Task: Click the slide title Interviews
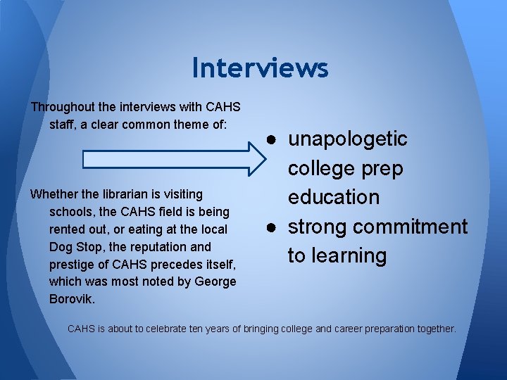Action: click(260, 68)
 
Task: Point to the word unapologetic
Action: click(347, 139)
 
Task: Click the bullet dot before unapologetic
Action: click(271, 139)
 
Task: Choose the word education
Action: click(333, 197)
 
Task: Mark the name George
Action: click(214, 282)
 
